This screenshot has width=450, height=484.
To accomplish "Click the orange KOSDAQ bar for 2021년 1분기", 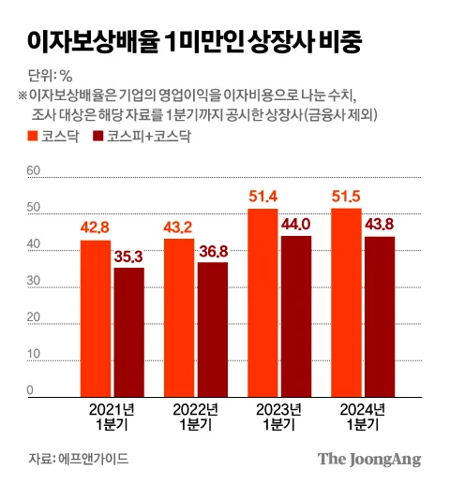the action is click(x=96, y=318).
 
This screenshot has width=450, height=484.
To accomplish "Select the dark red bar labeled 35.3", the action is click(x=129, y=332).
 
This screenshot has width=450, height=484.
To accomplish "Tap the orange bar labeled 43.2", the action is click(x=179, y=318).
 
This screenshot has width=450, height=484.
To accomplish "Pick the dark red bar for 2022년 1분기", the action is click(x=213, y=330).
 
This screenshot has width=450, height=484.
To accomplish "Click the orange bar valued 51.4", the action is click(x=262, y=303).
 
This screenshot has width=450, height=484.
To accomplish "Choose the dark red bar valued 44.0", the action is click(x=296, y=316).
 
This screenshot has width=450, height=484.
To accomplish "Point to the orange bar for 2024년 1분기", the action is click(x=347, y=302).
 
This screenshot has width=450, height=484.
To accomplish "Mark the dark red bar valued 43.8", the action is click(x=380, y=316).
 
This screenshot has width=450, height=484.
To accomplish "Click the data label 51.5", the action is click(x=346, y=197).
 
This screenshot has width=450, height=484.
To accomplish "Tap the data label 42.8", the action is click(x=95, y=227).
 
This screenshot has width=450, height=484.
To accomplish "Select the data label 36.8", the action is click(x=214, y=252).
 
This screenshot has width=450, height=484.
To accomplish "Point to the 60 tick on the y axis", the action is click(x=34, y=170).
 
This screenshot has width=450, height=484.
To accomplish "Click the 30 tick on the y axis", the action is click(x=34, y=281).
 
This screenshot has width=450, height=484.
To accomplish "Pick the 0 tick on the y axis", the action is click(x=30, y=390).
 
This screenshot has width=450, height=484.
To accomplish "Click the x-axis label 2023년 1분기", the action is click(x=278, y=417).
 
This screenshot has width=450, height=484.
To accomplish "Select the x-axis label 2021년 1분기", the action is click(x=112, y=417).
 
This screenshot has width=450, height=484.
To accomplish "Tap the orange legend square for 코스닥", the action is click(x=33, y=136).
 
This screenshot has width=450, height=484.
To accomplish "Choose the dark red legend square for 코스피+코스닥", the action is click(x=98, y=136).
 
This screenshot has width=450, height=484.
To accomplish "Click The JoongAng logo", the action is click(x=369, y=460).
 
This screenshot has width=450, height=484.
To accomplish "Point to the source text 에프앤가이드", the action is click(x=94, y=459).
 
